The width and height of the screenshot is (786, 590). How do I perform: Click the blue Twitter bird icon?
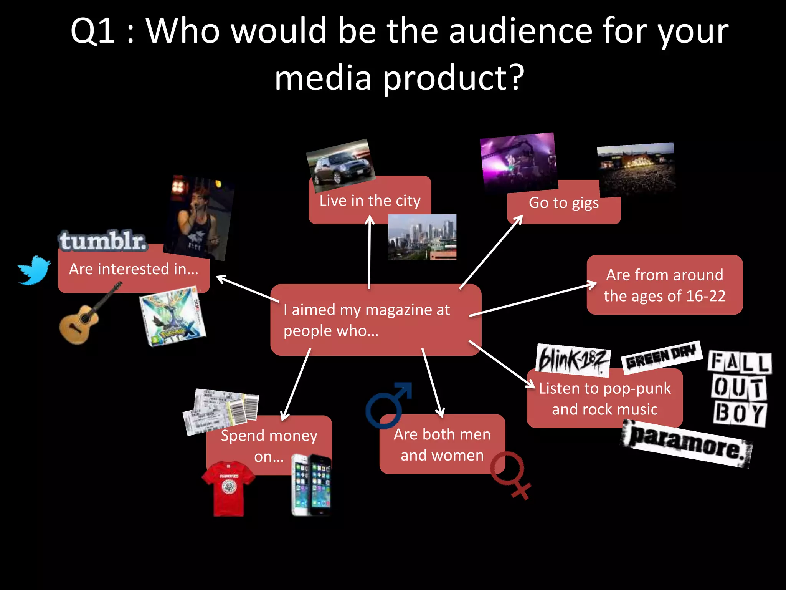coord(34,270)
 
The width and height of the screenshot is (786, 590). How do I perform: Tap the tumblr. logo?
coord(103,241)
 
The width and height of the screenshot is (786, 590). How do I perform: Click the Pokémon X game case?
coord(173,316)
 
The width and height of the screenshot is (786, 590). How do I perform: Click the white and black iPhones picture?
coord(311,485)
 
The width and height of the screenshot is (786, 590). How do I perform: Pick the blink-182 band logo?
coord(572,360)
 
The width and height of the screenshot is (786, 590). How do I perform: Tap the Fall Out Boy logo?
coord(739,388)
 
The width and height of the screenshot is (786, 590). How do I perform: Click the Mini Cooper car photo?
coord(340,165)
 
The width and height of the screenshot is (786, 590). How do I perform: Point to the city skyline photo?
coord(422,237)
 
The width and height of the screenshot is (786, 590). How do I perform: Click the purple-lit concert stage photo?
coord(519,162)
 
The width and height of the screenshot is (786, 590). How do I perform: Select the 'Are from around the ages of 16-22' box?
coord(664,285)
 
